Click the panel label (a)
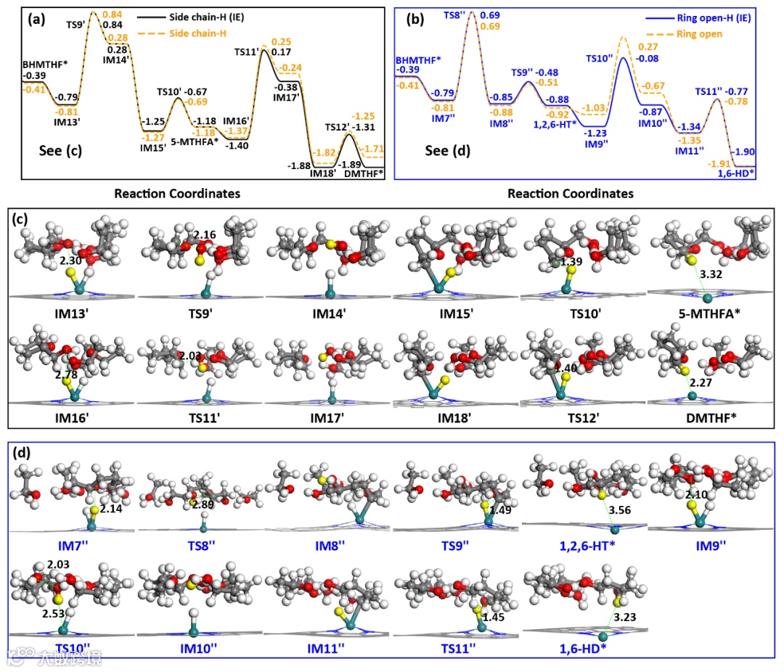[x=36, y=20]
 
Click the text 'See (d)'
[x=444, y=153]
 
